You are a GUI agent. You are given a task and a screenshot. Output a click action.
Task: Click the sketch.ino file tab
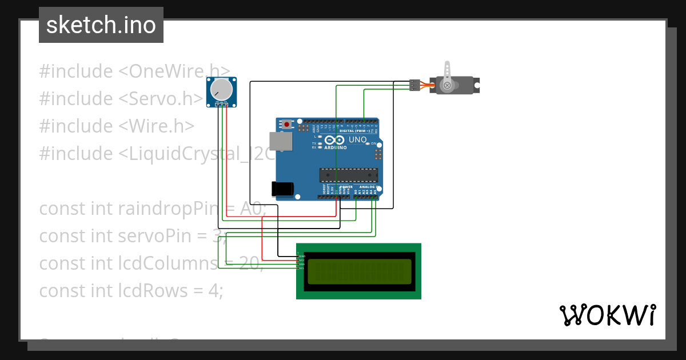tap(101, 25)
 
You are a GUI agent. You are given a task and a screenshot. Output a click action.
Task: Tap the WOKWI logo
tap(607, 315)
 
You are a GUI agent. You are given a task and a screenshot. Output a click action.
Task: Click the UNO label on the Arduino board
tap(357, 139)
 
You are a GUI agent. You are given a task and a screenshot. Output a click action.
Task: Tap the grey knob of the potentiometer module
tap(221, 89)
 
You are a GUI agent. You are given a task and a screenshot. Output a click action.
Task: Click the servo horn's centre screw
tap(447, 86)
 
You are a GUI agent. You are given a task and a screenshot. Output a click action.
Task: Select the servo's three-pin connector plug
tap(415, 85)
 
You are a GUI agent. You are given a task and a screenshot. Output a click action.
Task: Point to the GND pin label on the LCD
tap(302, 256)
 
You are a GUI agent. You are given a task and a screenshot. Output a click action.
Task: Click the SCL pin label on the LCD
tap(302, 268)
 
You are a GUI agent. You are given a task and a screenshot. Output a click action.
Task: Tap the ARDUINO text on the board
tap(336, 147)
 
